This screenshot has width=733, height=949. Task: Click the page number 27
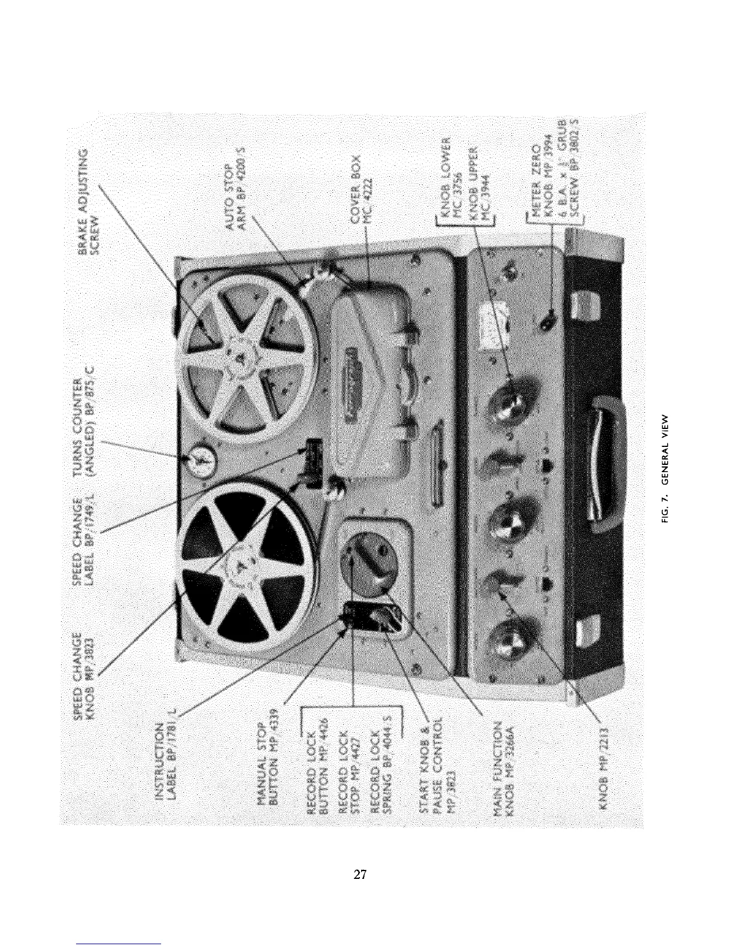point(360,874)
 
